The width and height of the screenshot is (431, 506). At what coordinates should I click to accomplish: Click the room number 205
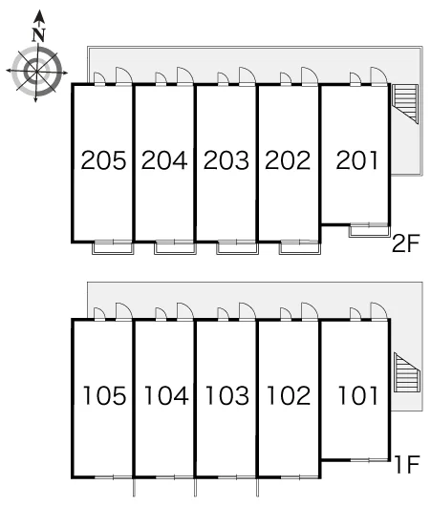tap(103, 160)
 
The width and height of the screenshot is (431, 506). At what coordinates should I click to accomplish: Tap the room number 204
tap(164, 160)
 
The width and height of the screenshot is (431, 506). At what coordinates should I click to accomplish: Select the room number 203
tap(226, 160)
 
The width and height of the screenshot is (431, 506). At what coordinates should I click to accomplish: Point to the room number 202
tap(288, 160)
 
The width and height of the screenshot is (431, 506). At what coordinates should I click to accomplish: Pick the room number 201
tap(357, 160)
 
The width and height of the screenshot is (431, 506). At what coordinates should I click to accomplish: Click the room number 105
tap(105, 395)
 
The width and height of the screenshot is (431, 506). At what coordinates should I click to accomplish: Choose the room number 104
tap(166, 395)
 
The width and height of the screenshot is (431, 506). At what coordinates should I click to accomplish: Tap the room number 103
tap(227, 395)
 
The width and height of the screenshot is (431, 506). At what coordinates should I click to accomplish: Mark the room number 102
tap(289, 395)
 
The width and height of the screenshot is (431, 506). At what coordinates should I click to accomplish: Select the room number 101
tap(358, 395)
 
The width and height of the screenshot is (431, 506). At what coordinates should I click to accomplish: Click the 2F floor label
tap(405, 243)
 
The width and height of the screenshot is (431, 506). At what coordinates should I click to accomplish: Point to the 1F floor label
tap(407, 464)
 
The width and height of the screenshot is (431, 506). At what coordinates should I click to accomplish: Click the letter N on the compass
tap(39, 35)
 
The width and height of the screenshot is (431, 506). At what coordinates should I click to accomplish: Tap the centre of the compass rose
tap(36, 72)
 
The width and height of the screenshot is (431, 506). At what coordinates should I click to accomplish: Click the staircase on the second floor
tap(405, 104)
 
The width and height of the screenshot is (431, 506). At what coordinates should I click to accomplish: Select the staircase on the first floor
tap(407, 372)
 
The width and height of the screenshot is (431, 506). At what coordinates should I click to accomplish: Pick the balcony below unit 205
tap(113, 248)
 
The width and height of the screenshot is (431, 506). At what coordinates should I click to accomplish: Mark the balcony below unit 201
tap(369, 231)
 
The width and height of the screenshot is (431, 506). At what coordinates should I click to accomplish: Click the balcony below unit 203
tap(237, 248)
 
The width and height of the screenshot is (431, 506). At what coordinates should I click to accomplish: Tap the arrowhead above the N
tap(39, 16)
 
